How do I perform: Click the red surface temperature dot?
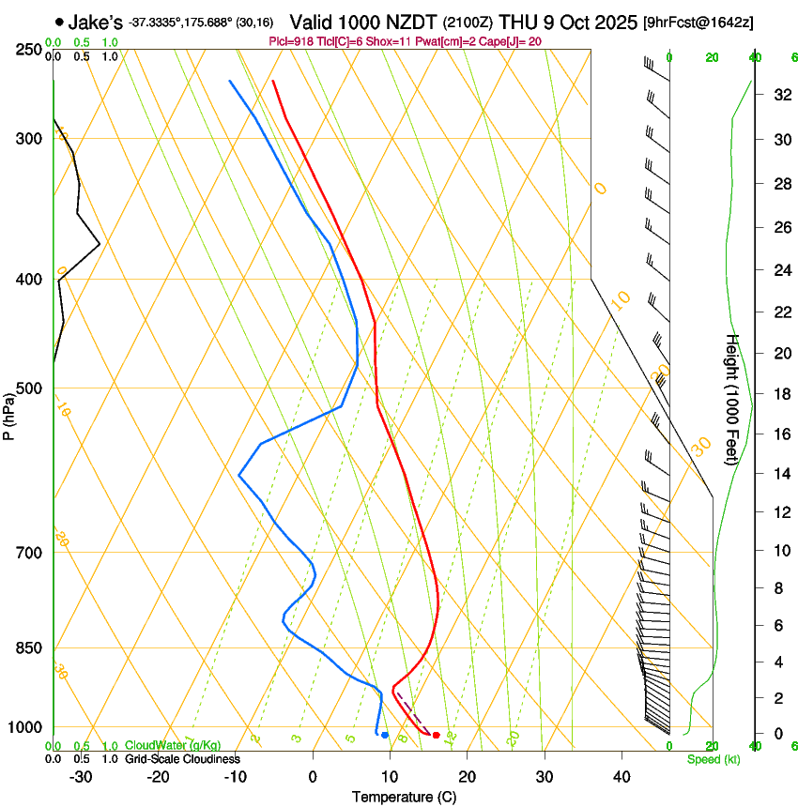click(436, 735)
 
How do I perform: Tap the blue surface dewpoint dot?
click(385, 735)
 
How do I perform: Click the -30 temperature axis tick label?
click(81, 777)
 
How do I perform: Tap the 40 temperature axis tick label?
click(621, 777)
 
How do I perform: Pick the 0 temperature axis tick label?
click(313, 777)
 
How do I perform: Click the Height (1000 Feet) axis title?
click(733, 399)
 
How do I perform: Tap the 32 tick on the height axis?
click(754, 95)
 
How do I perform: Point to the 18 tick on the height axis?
click(754, 394)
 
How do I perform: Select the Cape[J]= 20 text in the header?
click(506, 41)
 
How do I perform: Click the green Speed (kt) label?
click(713, 759)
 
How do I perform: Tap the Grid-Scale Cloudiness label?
click(182, 758)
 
